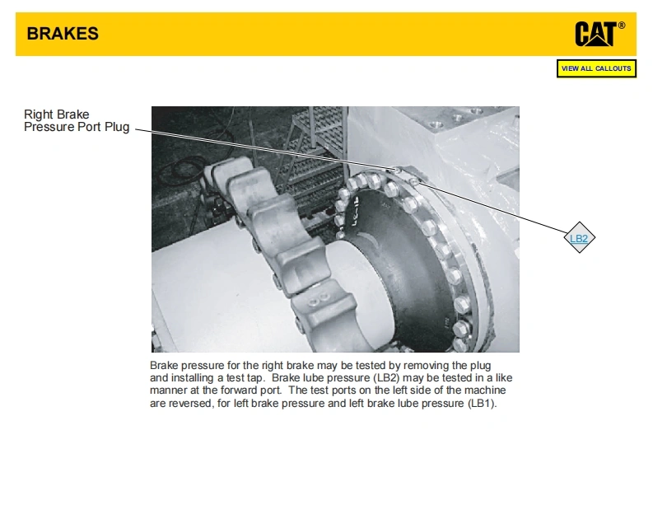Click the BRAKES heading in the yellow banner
pos(63,34)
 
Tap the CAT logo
pos(595,34)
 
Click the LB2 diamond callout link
pos(579,238)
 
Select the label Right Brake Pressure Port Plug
pos(77,120)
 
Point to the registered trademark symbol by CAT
pos(622,26)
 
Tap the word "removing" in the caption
pos(426,366)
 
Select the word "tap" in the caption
pos(254,378)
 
